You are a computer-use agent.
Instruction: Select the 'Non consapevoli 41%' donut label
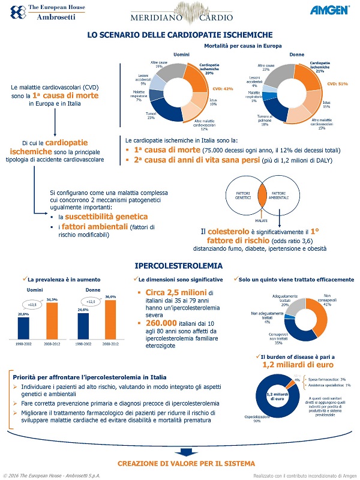[x=328, y=299]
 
